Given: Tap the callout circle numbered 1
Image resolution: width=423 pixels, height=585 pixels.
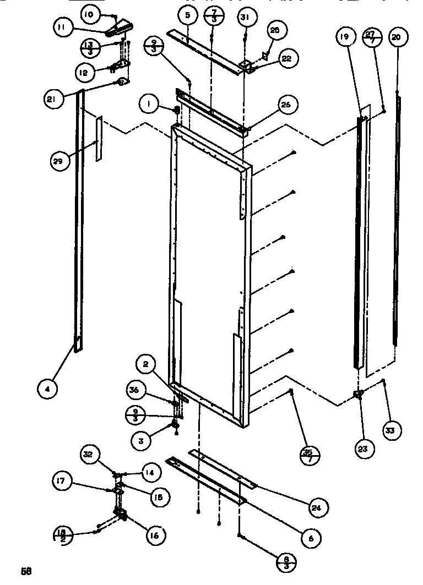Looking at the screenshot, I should pos(148,102).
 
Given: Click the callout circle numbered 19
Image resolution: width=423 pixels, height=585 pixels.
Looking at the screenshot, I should pos(344,37).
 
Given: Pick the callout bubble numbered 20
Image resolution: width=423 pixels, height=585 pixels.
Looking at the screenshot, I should pos(397,37).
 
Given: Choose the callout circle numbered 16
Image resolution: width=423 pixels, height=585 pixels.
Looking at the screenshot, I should pos(155,534).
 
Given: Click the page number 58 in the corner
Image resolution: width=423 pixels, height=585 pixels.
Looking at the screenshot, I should pos(25,571).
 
